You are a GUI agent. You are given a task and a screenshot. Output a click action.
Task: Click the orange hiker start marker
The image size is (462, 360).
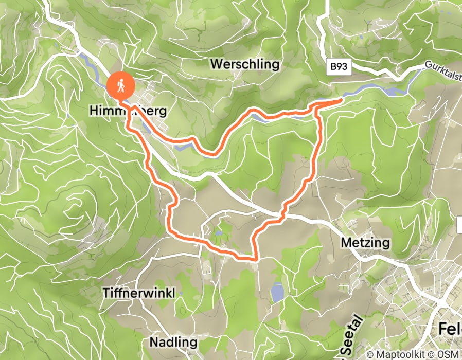click(120, 85)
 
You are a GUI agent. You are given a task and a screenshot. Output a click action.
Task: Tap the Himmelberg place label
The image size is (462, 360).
click(129, 111)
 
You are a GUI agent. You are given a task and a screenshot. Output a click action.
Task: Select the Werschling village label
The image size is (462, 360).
click(245, 64)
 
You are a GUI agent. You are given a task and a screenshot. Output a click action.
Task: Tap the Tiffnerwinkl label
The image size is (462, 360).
click(139, 293)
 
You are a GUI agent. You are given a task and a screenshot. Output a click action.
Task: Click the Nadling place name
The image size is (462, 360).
click(173, 342)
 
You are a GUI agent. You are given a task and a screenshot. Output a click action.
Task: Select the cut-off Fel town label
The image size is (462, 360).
click(449, 330)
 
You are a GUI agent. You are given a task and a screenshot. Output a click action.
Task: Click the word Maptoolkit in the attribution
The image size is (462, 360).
click(402, 354)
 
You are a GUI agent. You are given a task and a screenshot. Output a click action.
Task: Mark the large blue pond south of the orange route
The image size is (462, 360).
click(277, 292)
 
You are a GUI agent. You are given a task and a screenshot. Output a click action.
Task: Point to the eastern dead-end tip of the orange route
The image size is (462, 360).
click(341, 100)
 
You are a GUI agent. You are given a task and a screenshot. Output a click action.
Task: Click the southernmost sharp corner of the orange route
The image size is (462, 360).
click(255, 259)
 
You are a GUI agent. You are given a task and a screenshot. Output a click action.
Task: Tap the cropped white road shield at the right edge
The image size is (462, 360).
click(459, 224)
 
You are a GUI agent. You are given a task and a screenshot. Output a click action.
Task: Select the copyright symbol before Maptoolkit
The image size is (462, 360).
click(371, 354)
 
